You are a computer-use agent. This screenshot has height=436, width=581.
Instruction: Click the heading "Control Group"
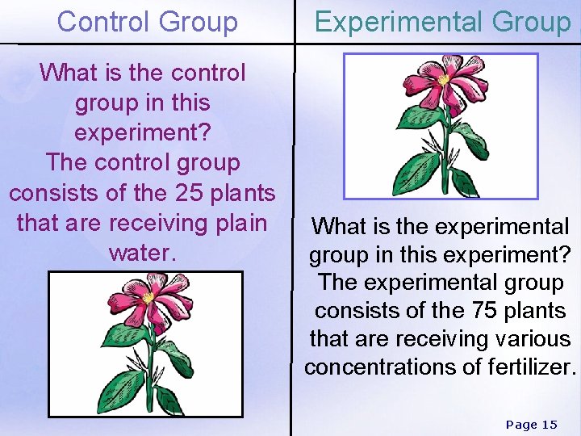[148, 22]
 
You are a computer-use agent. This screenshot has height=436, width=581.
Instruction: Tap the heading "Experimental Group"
[442, 22]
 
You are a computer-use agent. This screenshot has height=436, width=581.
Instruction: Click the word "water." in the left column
[142, 252]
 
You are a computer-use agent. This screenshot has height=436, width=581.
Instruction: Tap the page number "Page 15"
[531, 424]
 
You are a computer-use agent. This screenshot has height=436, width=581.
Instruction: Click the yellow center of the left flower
[148, 298]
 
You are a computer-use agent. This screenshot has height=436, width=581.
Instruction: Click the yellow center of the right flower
[443, 80]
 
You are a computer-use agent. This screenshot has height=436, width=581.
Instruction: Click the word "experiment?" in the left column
[142, 132]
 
